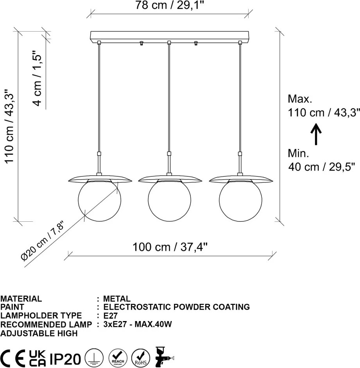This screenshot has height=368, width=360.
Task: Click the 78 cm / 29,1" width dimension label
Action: [x=170, y=5]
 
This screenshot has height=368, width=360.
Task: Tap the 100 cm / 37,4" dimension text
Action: [x=170, y=247]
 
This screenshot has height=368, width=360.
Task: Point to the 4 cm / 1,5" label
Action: [x=37, y=78]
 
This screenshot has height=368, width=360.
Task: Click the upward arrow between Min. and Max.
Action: [x=316, y=134]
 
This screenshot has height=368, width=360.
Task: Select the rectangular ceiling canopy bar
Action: [x=169, y=36]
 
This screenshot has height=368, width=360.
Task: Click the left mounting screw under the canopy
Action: [x=141, y=43]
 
